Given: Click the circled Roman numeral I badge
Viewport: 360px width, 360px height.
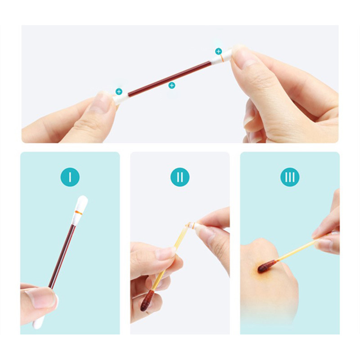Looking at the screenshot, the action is (70, 177).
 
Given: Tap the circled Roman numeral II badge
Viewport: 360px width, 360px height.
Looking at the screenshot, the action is (180, 177).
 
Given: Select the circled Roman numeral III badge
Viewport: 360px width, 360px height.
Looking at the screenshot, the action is (290, 177).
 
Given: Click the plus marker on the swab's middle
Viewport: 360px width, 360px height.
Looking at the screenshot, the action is (172, 85).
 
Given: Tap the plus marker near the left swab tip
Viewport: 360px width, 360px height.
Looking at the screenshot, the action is (119, 92).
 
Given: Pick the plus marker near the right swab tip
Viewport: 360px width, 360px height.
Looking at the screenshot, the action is (218, 51).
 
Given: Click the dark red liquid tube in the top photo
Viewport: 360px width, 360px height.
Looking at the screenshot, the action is (170, 78).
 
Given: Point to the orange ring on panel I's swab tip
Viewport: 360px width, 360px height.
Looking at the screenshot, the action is (79, 212).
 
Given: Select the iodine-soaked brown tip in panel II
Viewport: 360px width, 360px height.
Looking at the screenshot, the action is (147, 300).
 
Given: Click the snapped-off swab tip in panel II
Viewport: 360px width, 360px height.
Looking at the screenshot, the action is (192, 225).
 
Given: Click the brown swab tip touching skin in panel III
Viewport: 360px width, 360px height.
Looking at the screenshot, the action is (267, 266).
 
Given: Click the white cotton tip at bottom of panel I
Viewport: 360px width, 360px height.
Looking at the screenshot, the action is (39, 321).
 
